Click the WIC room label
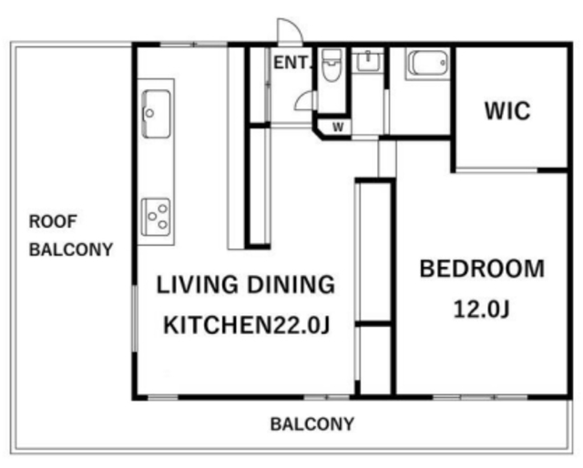coord(507,110)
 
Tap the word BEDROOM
coord(482,269)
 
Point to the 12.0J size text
coord(482,309)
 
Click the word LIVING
coord(197,285)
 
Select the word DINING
coord(291,285)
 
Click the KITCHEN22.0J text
coord(247,325)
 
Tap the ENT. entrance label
coord(291,63)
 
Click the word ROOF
coord(53,221)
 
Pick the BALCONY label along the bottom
coord(312,424)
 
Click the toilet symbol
coord(331,66)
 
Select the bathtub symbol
coord(427,63)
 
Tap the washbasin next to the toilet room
coord(368,61)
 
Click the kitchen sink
coord(157,114)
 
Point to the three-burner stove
coord(156,217)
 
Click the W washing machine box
coord(338,127)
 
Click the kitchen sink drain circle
coord(149,113)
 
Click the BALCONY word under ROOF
coord(71,249)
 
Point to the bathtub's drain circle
coord(443,63)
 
